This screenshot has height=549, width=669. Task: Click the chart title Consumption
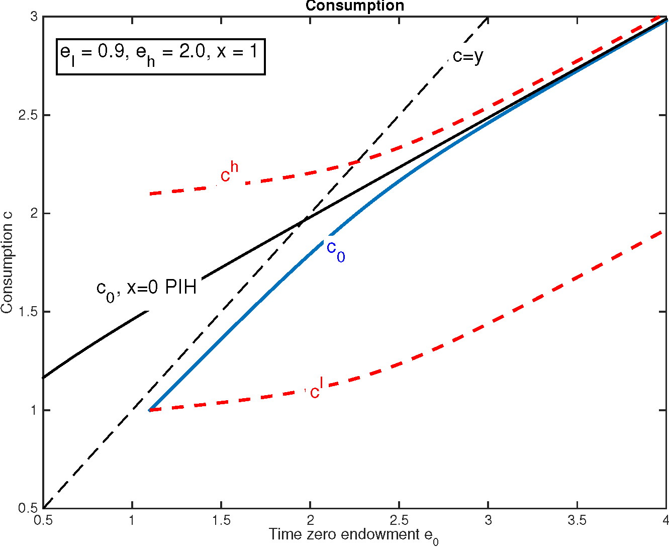(x=354, y=6)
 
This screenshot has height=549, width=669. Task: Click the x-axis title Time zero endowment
(x=353, y=535)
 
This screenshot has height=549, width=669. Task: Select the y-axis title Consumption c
(x=7, y=263)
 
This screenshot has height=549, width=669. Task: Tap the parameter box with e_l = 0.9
(x=160, y=56)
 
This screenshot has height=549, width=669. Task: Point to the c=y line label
(x=467, y=56)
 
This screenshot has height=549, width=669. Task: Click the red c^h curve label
(x=229, y=173)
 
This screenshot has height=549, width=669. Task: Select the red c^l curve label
(x=315, y=390)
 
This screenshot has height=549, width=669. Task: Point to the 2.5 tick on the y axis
(x=28, y=115)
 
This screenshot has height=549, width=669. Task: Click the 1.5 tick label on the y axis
(x=28, y=312)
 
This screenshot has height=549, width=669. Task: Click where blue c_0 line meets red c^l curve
(x=150, y=410)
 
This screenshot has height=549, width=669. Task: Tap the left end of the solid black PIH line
(x=44, y=378)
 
